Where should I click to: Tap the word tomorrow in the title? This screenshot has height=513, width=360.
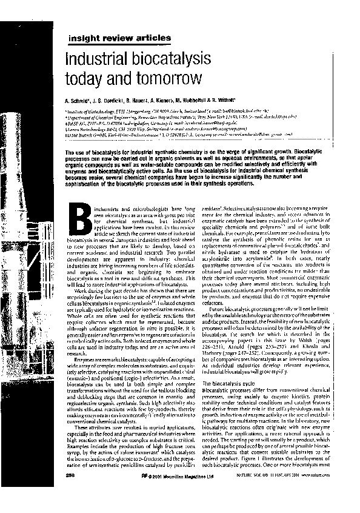tap(164, 79)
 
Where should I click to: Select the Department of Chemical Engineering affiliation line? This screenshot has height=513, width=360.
tap(182, 115)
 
